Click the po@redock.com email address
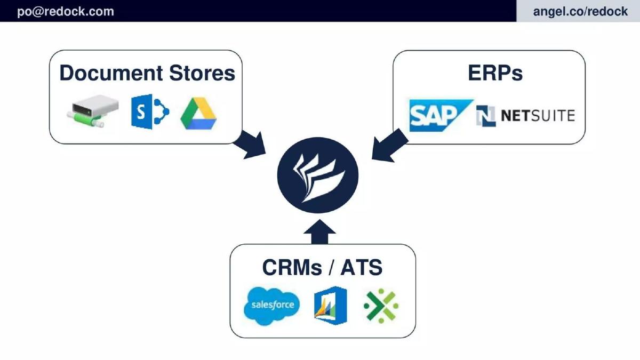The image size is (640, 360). pos(66,11)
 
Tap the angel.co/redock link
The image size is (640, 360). pos(580,11)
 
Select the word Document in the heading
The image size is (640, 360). pos(111,73)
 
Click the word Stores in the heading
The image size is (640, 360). pos(202,73)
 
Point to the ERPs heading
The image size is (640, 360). pos(495,73)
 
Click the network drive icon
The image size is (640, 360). pos(93,111)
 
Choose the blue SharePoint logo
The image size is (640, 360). pos(150,111)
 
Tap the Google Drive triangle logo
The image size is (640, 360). pos(198,114)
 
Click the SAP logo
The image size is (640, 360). pos(439,115)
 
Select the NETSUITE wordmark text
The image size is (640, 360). pos(538,116)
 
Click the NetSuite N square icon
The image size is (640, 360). pos(486,116)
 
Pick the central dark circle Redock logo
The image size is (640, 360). pos(318,175)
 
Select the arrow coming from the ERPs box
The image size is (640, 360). pos(389,146)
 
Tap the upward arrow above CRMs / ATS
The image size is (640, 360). pos(319,231)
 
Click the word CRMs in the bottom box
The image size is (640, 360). pos(292,267)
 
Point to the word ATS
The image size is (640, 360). pos(362,267)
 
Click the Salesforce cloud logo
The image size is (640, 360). pos(271,306)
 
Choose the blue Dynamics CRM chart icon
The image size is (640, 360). pos(331,306)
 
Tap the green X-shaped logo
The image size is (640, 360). pos(381,306)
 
